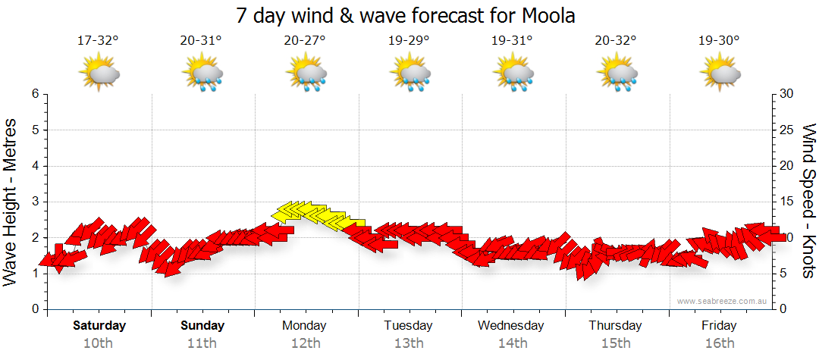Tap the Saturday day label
pos(99,326)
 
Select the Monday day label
pos(304,326)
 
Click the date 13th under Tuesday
pos(408,344)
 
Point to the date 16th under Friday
pos(719,344)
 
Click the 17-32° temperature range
pos(98,41)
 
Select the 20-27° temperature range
pos(305,41)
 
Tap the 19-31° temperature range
pos(512,41)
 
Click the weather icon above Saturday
pos(99,73)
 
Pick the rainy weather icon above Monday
pos(306,73)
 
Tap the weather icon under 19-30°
pos(720,73)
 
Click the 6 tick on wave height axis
pos(34,94)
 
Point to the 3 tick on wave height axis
pos(34,202)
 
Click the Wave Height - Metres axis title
pos(12,202)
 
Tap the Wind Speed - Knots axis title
pos(808,202)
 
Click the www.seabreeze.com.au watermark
pos(723,301)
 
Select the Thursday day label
pos(615,326)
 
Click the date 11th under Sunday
pos(202,344)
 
